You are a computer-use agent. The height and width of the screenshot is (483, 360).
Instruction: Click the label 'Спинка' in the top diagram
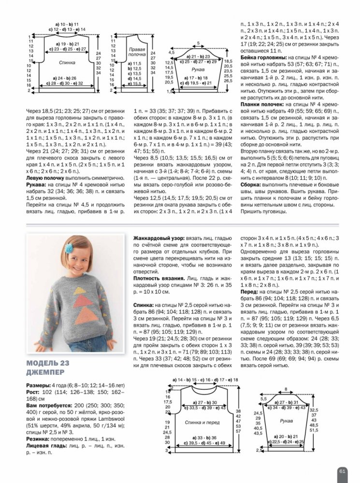tap(67, 63)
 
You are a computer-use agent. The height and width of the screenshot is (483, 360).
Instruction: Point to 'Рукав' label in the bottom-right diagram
tap(286, 421)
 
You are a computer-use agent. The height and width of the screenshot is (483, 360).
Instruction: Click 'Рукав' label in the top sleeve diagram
tap(198, 70)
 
